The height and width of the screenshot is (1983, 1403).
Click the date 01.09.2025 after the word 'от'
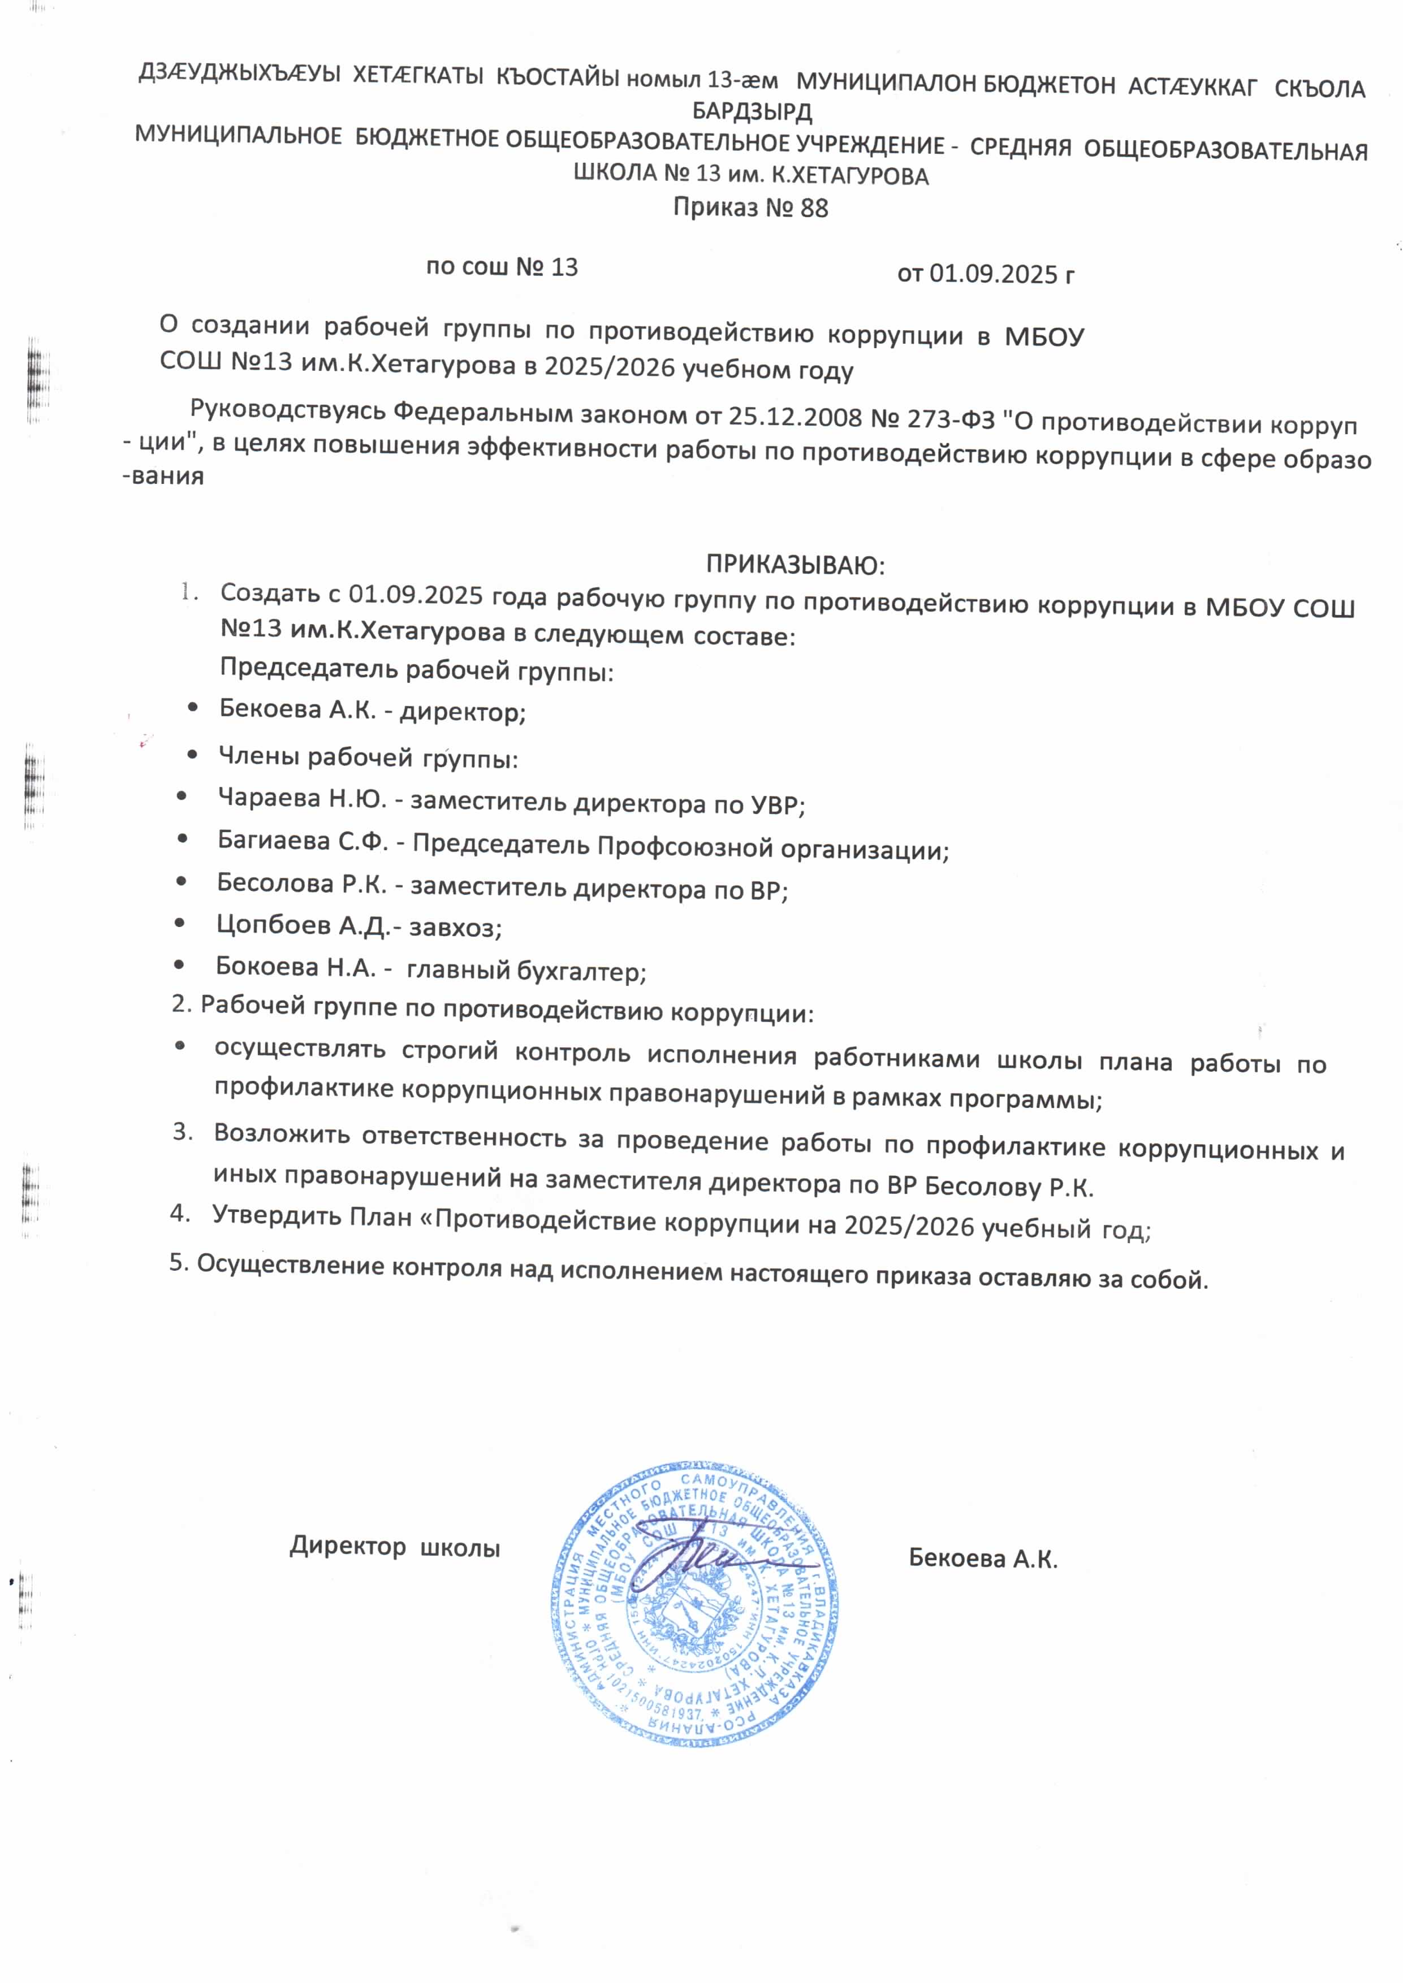click(994, 274)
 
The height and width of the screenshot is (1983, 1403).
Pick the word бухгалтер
click(581, 972)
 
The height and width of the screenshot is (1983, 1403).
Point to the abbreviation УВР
click(775, 805)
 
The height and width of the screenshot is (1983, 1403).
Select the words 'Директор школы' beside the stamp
click(395, 1547)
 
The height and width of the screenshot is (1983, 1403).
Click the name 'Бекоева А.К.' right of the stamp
click(983, 1559)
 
